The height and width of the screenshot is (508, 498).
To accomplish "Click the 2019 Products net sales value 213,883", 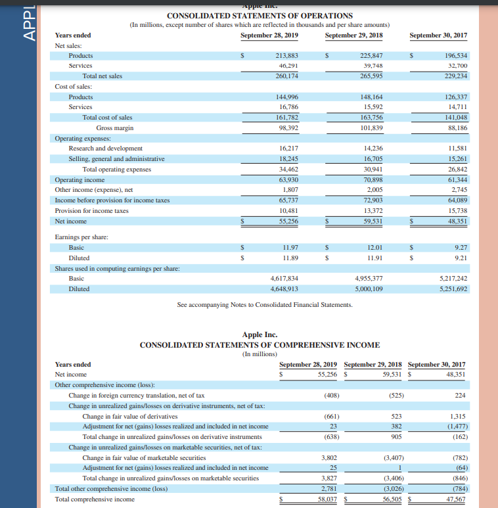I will point(288,56).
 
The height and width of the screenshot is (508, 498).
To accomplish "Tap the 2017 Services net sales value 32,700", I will point(456,66).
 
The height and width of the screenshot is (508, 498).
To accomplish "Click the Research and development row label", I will point(105,149).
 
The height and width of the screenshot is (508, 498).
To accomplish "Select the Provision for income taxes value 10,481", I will point(288,211).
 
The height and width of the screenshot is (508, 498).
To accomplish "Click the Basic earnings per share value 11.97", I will point(290,248).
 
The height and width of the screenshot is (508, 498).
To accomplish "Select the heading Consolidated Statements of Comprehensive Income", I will point(260,344).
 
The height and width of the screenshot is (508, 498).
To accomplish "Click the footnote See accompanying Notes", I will point(265,305).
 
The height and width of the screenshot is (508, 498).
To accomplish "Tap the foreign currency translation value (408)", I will point(331,396).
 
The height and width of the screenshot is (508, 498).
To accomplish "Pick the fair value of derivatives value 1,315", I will point(457,416).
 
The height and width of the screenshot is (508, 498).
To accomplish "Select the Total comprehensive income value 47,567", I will point(455,499).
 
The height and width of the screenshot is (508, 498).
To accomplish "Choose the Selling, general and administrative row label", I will point(116,159).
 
